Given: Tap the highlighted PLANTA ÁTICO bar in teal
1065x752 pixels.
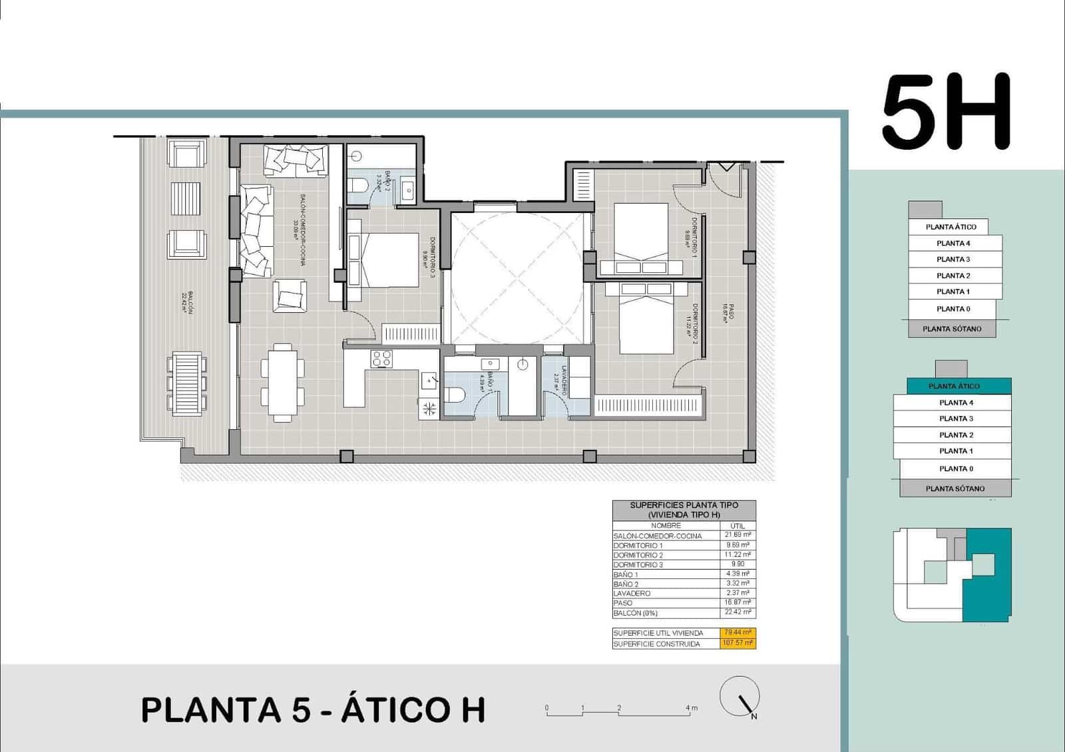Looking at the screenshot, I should [x=953, y=386].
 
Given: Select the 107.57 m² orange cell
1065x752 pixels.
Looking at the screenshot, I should [x=738, y=644].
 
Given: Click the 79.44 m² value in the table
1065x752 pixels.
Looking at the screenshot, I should [x=738, y=632].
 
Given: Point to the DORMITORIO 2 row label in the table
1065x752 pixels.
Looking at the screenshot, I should [x=638, y=555].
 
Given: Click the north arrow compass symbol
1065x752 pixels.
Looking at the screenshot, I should [x=740, y=696].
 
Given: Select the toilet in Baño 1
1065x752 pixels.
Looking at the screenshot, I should [x=455, y=395].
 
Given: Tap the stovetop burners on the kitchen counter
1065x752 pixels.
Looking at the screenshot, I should [x=381, y=359].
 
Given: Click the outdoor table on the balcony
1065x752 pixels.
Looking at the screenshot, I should [x=186, y=383].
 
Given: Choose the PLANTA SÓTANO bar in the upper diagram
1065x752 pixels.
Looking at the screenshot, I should [x=952, y=329].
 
